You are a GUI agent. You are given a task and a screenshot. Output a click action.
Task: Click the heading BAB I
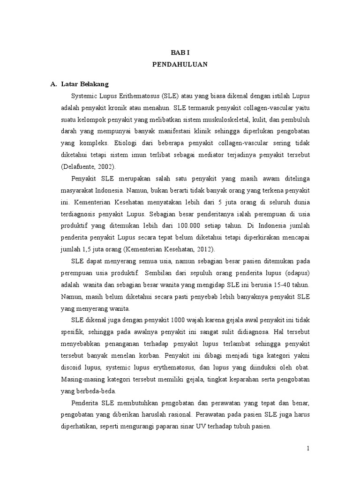click(x=180, y=53)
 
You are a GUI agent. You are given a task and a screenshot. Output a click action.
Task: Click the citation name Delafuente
click(x=81, y=166)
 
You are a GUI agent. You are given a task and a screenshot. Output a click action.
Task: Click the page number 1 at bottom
click(x=308, y=448)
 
